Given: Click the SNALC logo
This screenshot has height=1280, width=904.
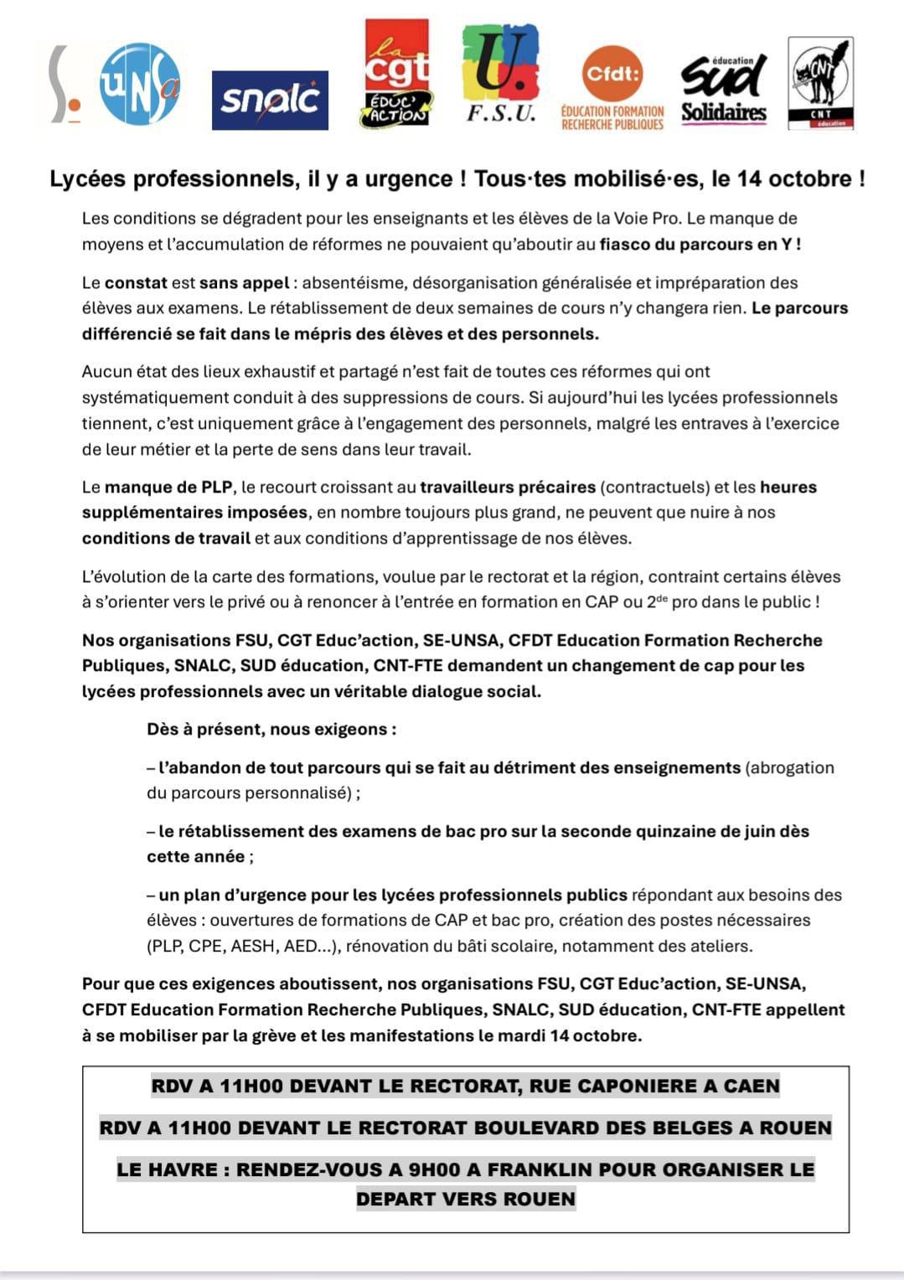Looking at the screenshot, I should point(270,100).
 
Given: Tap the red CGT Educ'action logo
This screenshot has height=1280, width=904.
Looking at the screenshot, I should point(396,74).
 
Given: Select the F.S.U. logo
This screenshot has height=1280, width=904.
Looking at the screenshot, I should point(501,74).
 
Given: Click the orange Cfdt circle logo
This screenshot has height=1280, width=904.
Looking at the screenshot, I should point(612,74).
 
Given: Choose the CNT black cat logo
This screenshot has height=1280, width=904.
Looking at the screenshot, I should point(820,83).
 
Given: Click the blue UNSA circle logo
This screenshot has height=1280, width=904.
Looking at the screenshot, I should point(140,83).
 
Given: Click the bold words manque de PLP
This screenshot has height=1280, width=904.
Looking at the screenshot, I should point(168,488).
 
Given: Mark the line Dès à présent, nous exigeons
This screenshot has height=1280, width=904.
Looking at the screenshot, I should point(271,730).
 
